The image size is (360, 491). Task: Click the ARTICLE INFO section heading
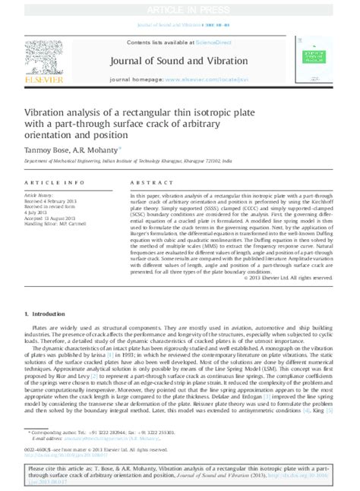(x=54, y=183)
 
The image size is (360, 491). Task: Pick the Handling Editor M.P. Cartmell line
(x=61, y=225)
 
